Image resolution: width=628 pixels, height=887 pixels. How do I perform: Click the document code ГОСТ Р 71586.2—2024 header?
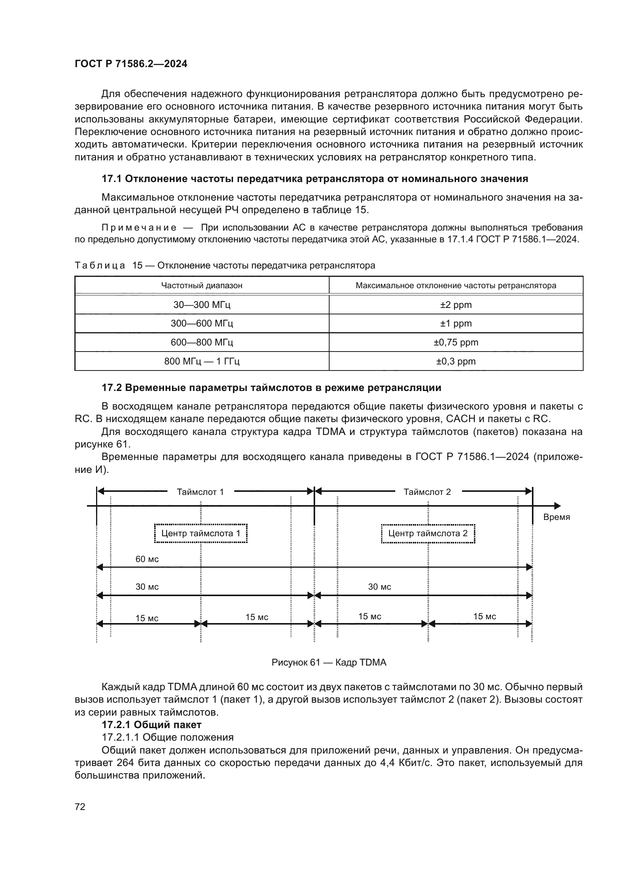point(131,64)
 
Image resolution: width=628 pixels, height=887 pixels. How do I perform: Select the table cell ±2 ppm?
point(456,305)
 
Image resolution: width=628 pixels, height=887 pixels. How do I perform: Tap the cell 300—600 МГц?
point(202,323)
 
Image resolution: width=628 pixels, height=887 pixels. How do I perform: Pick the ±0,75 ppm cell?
point(456,342)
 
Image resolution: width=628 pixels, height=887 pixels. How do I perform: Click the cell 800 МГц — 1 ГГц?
point(202,361)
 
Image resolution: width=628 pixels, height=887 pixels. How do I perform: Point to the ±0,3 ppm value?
point(456,361)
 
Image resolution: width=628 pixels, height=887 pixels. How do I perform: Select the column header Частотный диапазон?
point(202,286)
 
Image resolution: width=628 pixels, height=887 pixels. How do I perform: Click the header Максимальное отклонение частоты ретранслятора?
point(456,286)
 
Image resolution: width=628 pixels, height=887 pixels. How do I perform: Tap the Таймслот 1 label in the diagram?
point(200,492)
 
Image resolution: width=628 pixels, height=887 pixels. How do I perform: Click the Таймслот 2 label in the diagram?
point(427,492)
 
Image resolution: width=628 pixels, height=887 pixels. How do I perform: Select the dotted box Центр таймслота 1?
point(201,534)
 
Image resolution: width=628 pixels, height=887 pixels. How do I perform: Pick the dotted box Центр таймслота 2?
point(428,534)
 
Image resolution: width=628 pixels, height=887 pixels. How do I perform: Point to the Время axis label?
point(557,517)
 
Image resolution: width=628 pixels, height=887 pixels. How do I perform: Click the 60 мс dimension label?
point(147,559)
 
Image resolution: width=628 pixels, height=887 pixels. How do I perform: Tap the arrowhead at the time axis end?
point(557,506)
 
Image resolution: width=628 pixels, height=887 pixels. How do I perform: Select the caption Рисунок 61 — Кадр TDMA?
point(329,663)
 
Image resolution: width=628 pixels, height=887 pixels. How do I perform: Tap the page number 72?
point(80,807)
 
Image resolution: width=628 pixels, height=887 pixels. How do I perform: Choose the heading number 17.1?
point(112,179)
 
